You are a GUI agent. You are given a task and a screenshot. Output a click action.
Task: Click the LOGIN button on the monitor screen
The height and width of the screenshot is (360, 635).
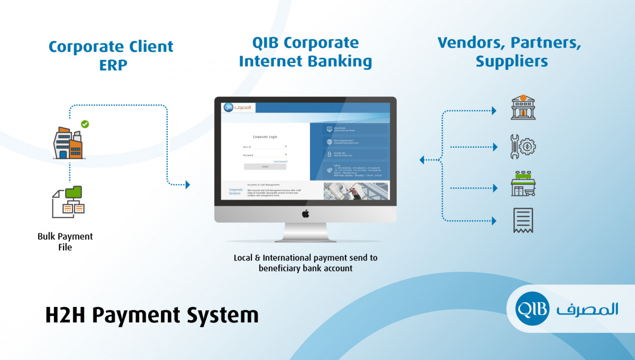click(265, 166)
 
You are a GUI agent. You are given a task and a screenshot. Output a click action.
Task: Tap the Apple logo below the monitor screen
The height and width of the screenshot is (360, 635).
click(305, 213)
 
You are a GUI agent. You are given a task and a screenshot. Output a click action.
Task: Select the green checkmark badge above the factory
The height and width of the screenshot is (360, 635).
click(85, 124)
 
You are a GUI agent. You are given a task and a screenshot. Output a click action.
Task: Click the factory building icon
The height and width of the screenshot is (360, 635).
click(68, 143)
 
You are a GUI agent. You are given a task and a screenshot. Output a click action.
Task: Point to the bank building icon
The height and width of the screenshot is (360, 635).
click(522, 107)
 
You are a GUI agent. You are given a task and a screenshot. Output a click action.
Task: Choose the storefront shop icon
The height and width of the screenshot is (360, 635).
click(522, 184)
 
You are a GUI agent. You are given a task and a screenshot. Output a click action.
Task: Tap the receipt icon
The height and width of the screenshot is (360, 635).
click(523, 220)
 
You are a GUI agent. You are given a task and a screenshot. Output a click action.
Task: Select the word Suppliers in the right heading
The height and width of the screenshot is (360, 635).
click(511, 61)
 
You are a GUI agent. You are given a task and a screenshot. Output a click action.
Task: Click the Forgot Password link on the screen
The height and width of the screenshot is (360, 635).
click(280, 161)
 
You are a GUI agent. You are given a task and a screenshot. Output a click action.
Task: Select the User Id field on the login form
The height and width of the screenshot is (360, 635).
click(265, 147)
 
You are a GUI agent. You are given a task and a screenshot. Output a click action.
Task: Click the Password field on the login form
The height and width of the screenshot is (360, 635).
click(265, 155)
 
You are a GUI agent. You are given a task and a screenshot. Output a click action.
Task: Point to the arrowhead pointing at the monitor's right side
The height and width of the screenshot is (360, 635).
click(422, 159)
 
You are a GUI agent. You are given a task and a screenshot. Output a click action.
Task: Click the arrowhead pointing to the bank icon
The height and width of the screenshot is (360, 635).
click(494, 111)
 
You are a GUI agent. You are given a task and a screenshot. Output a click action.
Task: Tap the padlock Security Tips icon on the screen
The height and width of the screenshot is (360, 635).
click(329, 155)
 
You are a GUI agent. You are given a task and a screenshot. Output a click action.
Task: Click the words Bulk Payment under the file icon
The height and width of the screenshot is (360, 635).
click(65, 236)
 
